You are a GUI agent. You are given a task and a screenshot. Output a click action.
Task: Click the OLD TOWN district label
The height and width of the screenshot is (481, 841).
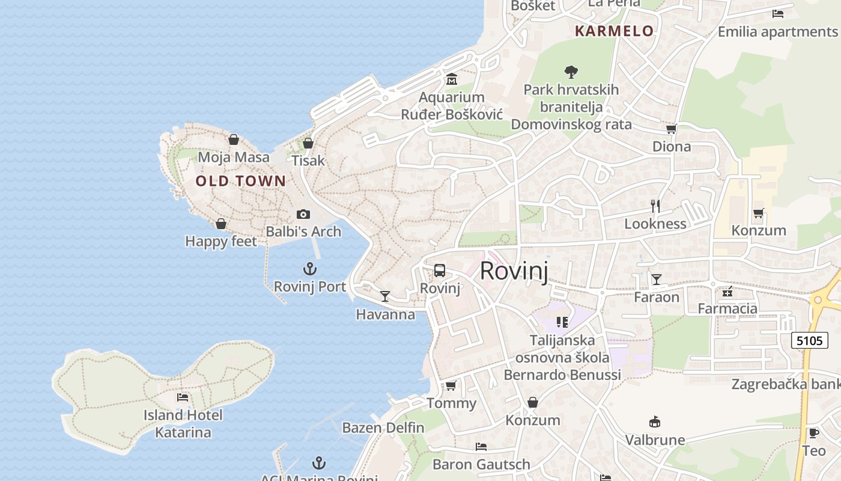(241, 180)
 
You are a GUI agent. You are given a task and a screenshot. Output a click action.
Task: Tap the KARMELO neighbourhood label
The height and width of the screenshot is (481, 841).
(614, 31)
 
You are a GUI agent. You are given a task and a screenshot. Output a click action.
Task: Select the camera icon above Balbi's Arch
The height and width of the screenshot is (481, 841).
(303, 214)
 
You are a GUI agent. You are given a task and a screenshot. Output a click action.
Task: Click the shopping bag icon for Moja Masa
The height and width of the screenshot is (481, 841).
(234, 140)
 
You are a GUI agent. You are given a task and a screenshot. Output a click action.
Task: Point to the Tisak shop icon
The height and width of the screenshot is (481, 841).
(308, 143)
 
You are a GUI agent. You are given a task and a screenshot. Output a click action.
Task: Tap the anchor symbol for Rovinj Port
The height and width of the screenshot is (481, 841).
(310, 269)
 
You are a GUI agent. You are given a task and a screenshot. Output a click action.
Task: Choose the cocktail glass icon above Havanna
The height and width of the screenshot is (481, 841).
(385, 296)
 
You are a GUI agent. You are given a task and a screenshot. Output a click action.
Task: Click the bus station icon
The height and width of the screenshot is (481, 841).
(440, 271)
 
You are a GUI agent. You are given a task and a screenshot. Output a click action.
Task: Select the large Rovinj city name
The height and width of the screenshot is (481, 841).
(514, 271)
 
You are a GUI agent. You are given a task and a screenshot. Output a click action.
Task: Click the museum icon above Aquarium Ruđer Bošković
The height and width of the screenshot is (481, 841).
(452, 79)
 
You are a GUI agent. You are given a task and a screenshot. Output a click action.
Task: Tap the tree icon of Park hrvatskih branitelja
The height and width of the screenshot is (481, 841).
(571, 72)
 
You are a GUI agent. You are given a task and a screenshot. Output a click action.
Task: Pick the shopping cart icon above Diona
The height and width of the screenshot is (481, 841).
(671, 129)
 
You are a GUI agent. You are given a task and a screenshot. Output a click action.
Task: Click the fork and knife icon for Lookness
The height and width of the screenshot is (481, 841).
(655, 206)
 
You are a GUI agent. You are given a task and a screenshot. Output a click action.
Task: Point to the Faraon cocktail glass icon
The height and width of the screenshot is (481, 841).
(657, 280)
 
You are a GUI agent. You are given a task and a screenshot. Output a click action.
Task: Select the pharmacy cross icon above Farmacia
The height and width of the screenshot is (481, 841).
(727, 292)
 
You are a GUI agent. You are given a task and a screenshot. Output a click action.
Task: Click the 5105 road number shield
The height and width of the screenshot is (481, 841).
(808, 341)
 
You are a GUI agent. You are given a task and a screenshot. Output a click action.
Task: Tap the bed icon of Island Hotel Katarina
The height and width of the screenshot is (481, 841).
(183, 397)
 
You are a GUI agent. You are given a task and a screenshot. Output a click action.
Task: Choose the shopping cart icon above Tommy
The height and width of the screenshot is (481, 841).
(451, 385)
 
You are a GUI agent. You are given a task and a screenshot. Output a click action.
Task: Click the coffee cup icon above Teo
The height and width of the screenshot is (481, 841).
(813, 433)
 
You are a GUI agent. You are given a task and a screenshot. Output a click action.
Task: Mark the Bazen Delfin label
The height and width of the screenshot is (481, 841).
(383, 428)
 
